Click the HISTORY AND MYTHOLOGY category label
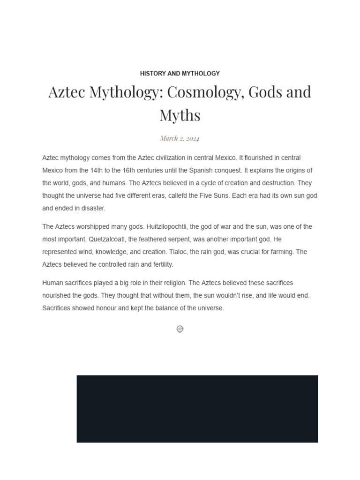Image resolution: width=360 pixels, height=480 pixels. coord(180,74)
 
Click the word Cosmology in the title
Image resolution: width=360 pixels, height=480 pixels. coord(202,92)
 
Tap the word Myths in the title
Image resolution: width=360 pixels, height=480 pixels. coord(180,115)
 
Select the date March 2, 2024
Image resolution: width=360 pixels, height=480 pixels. coord(180,138)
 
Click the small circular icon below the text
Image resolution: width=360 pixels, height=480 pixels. coord(180,329)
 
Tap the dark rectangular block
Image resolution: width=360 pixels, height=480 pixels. coord(197,409)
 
